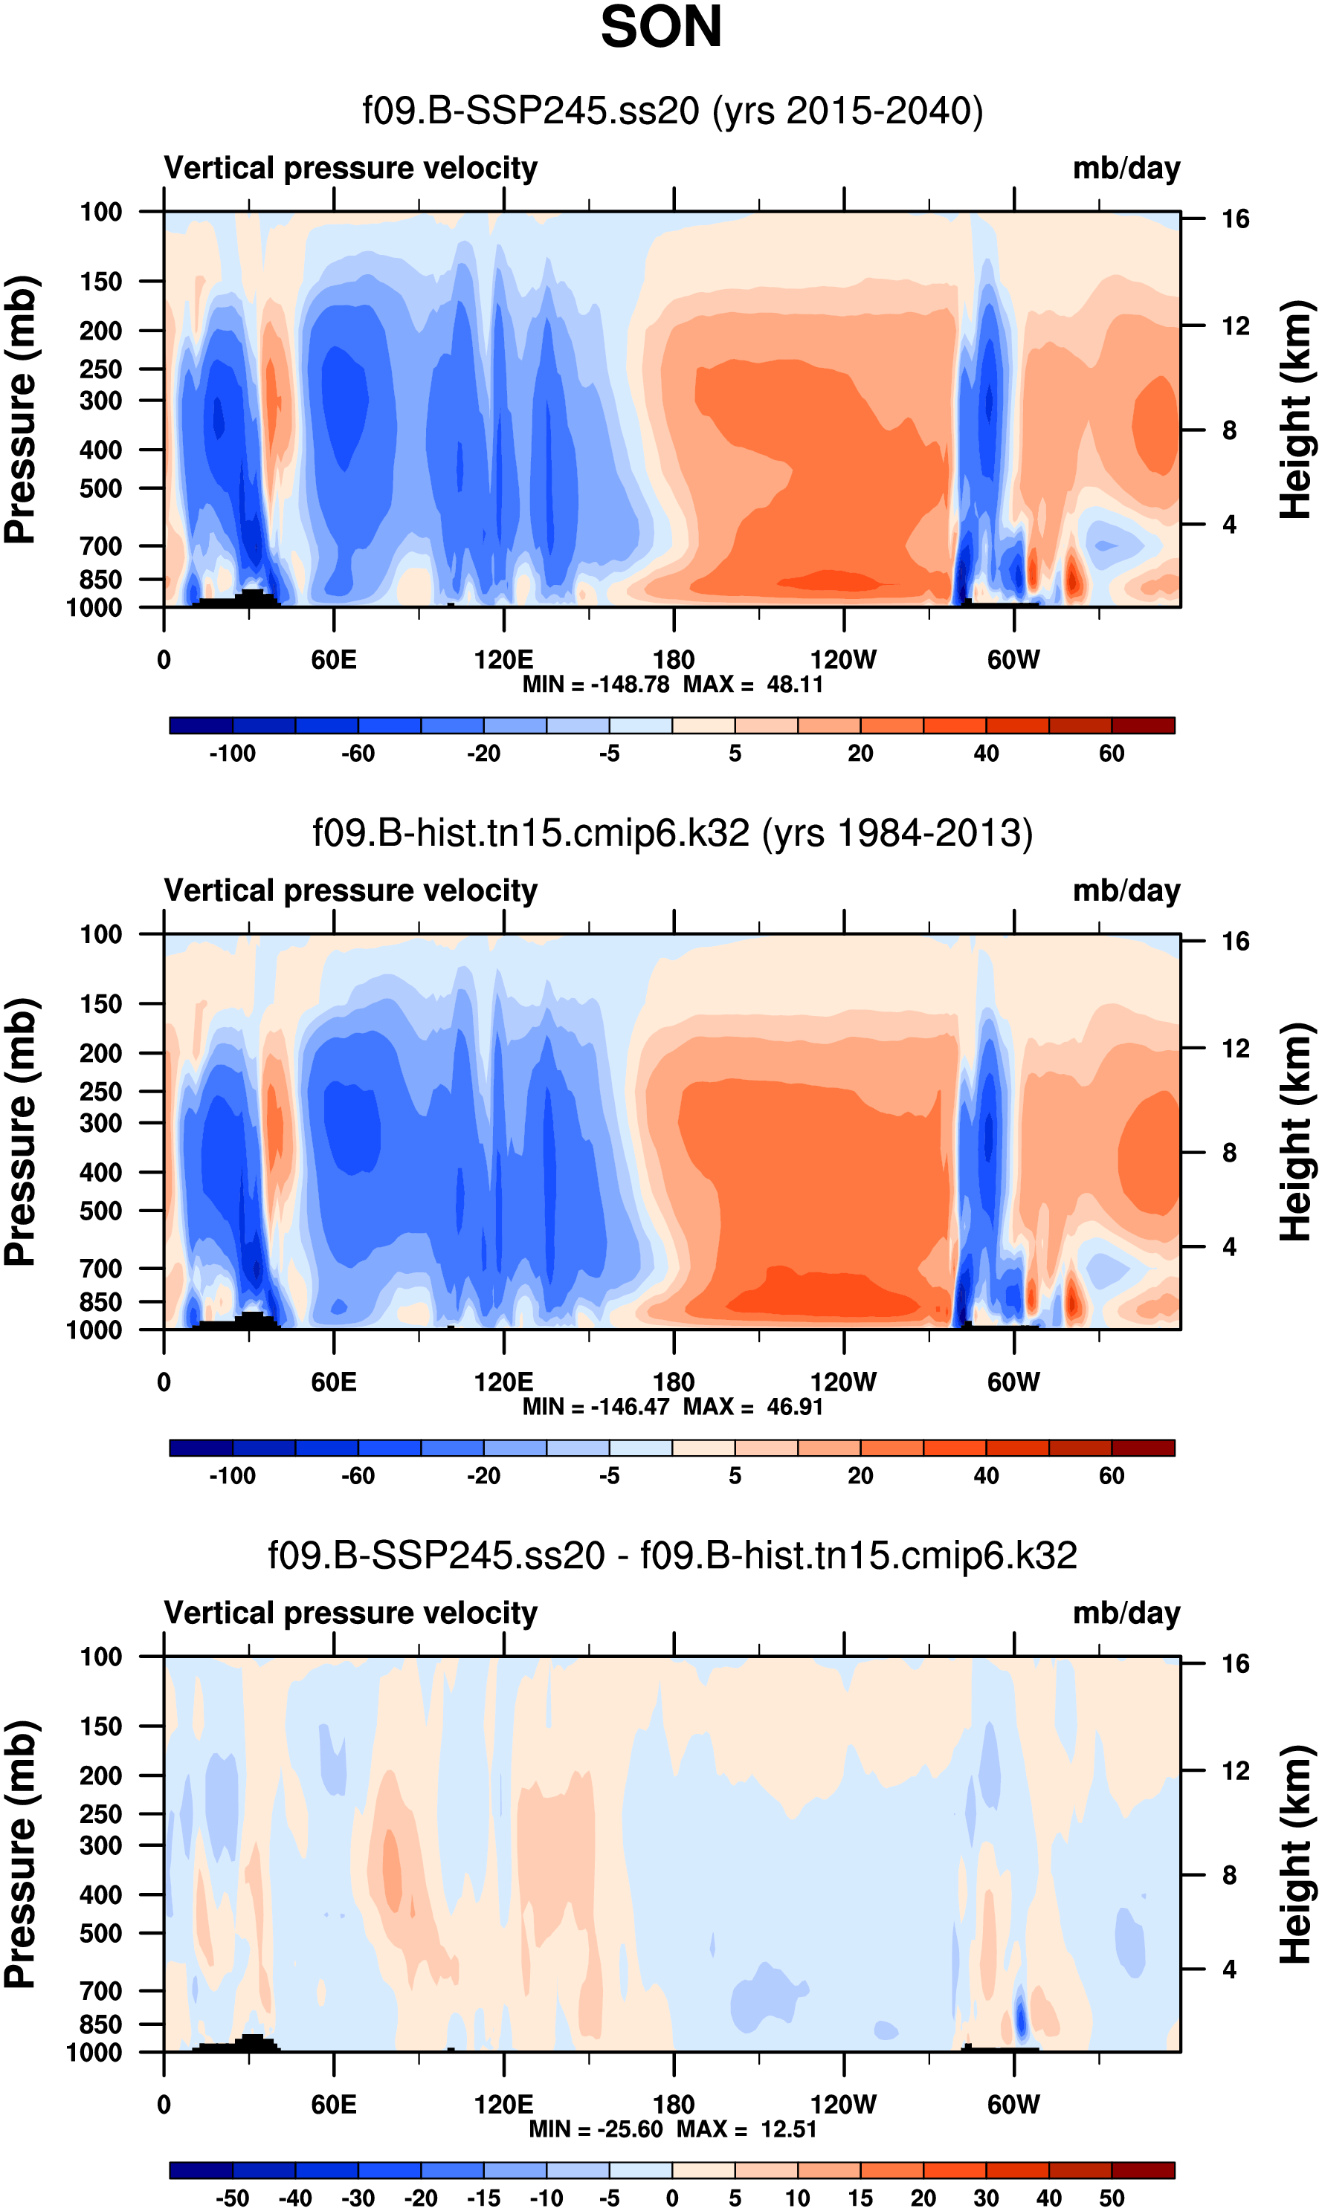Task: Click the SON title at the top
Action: pos(661,27)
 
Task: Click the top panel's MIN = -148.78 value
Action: pos(595,684)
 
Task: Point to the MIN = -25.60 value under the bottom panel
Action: pos(595,2129)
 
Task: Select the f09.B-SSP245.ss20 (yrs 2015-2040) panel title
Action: pos(673,111)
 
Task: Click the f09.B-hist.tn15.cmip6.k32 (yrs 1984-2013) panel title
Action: pos(673,833)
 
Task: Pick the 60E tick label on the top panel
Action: pos(333,660)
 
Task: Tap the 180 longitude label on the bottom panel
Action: pos(674,2104)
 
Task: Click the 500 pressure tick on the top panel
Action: pos(100,489)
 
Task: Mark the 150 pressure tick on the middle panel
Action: pos(100,1003)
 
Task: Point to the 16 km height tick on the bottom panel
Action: pos(1236,1663)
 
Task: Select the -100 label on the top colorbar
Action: pos(233,754)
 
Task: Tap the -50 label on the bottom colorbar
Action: pos(233,2198)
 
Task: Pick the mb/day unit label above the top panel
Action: pos(1126,168)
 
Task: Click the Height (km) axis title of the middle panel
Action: pos(1296,1132)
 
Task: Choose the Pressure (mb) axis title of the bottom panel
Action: pos(19,1854)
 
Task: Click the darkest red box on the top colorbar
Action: pos(1143,725)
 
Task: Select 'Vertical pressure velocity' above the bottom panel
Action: pos(351,1613)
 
